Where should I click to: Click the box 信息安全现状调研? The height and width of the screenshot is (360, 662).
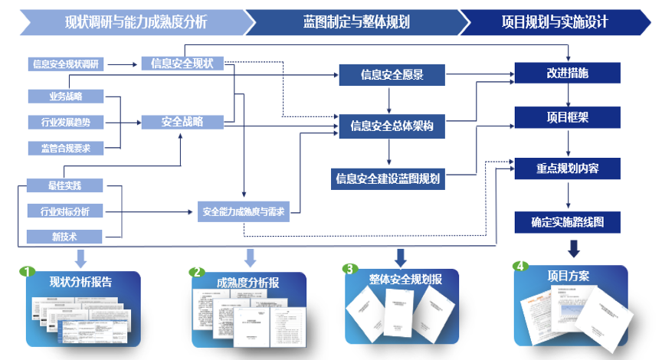click(x=67, y=64)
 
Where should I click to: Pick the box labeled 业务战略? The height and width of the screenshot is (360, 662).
click(x=66, y=97)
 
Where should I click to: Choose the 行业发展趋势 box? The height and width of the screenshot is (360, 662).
click(x=66, y=122)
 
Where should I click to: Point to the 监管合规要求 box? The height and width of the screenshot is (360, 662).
click(x=66, y=148)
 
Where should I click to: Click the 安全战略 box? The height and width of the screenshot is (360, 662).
click(x=182, y=122)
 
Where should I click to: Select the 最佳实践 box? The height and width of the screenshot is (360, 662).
click(x=66, y=185)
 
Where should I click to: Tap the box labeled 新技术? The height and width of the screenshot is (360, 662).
click(x=66, y=236)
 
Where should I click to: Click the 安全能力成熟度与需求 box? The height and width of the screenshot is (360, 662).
click(x=244, y=211)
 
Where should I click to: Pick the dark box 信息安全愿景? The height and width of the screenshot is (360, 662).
click(x=392, y=75)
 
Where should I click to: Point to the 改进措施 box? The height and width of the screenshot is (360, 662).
click(x=568, y=73)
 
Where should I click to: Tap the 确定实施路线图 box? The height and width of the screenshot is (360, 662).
click(x=568, y=223)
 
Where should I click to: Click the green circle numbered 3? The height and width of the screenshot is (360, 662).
click(x=350, y=269)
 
